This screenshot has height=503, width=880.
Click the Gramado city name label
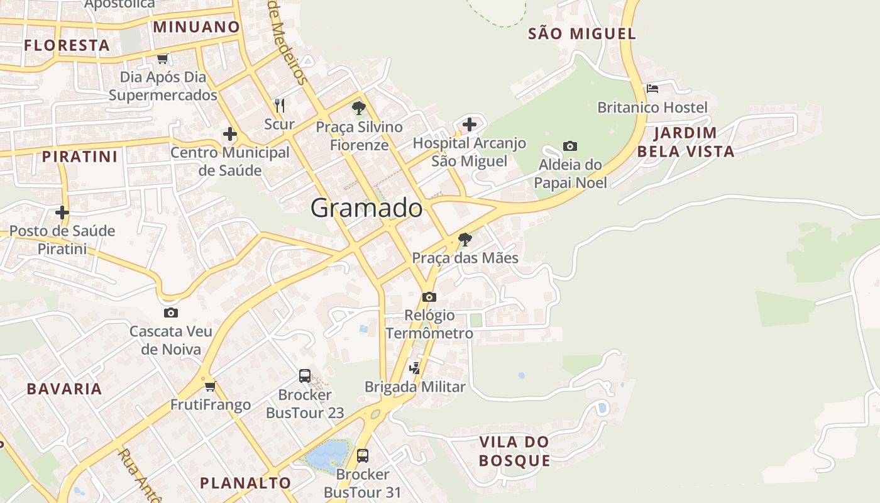click(366, 208)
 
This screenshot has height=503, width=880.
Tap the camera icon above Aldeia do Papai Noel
click(570, 146)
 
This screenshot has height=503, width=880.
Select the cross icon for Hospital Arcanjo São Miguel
click(470, 124)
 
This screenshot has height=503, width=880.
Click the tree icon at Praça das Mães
click(465, 239)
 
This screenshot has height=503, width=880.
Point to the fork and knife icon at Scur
click(280, 105)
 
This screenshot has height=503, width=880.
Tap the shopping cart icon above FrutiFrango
click(211, 385)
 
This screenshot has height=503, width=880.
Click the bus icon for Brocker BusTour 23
click(305, 376)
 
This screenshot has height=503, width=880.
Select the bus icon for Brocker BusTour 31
click(363, 455)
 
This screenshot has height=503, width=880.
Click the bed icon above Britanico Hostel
click(652, 89)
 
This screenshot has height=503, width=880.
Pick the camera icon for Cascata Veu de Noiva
click(171, 312)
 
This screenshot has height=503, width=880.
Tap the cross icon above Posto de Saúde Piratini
click(62, 212)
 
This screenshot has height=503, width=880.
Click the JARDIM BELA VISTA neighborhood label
click(686, 142)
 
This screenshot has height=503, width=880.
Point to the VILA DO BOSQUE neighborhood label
click(514, 451)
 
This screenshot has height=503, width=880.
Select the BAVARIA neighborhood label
click(64, 389)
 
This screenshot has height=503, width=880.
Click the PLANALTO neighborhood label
click(245, 483)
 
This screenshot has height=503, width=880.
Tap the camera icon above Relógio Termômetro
click(429, 297)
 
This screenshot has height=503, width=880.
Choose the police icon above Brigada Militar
click(415, 368)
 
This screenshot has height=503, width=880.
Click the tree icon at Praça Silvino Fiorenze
click(359, 108)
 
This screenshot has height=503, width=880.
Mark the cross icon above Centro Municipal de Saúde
click(230, 134)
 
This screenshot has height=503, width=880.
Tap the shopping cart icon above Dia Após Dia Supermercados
click(163, 58)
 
